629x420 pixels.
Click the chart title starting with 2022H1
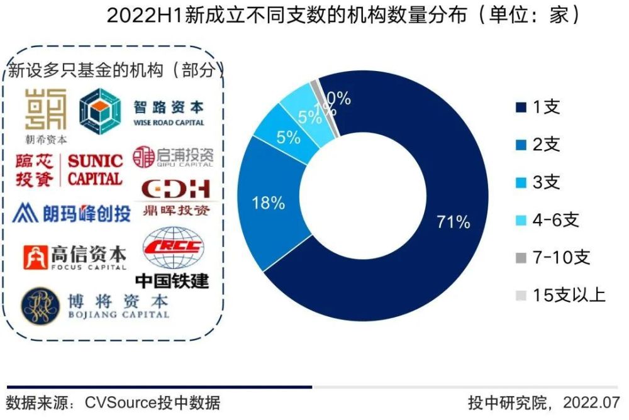pos(343,15)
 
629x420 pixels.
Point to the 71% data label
pos(453,221)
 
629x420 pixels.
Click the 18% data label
pos(269,203)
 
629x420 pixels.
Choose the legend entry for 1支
pos(538,108)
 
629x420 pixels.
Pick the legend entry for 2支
pos(538,145)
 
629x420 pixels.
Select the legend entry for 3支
pos(538,183)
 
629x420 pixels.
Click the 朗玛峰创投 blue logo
pos(72,213)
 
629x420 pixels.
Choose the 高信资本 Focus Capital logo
pos(74,255)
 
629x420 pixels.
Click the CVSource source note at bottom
pos(113,402)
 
